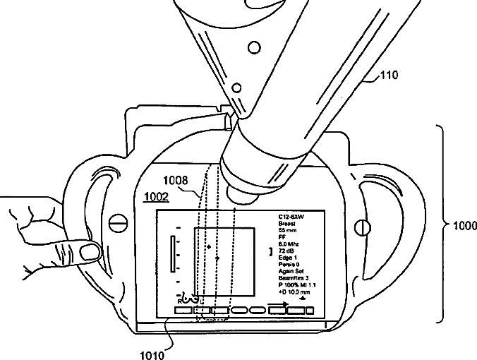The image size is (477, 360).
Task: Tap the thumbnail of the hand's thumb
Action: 89,251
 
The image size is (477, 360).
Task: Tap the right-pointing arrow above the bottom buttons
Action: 279,304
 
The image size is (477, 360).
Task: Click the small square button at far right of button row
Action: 310,310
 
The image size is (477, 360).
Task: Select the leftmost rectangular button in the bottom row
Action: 183,309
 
